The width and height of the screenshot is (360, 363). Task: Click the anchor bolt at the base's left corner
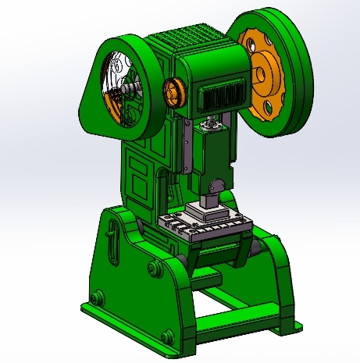click(96, 297)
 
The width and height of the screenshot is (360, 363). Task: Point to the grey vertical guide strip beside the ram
click(187, 148)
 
